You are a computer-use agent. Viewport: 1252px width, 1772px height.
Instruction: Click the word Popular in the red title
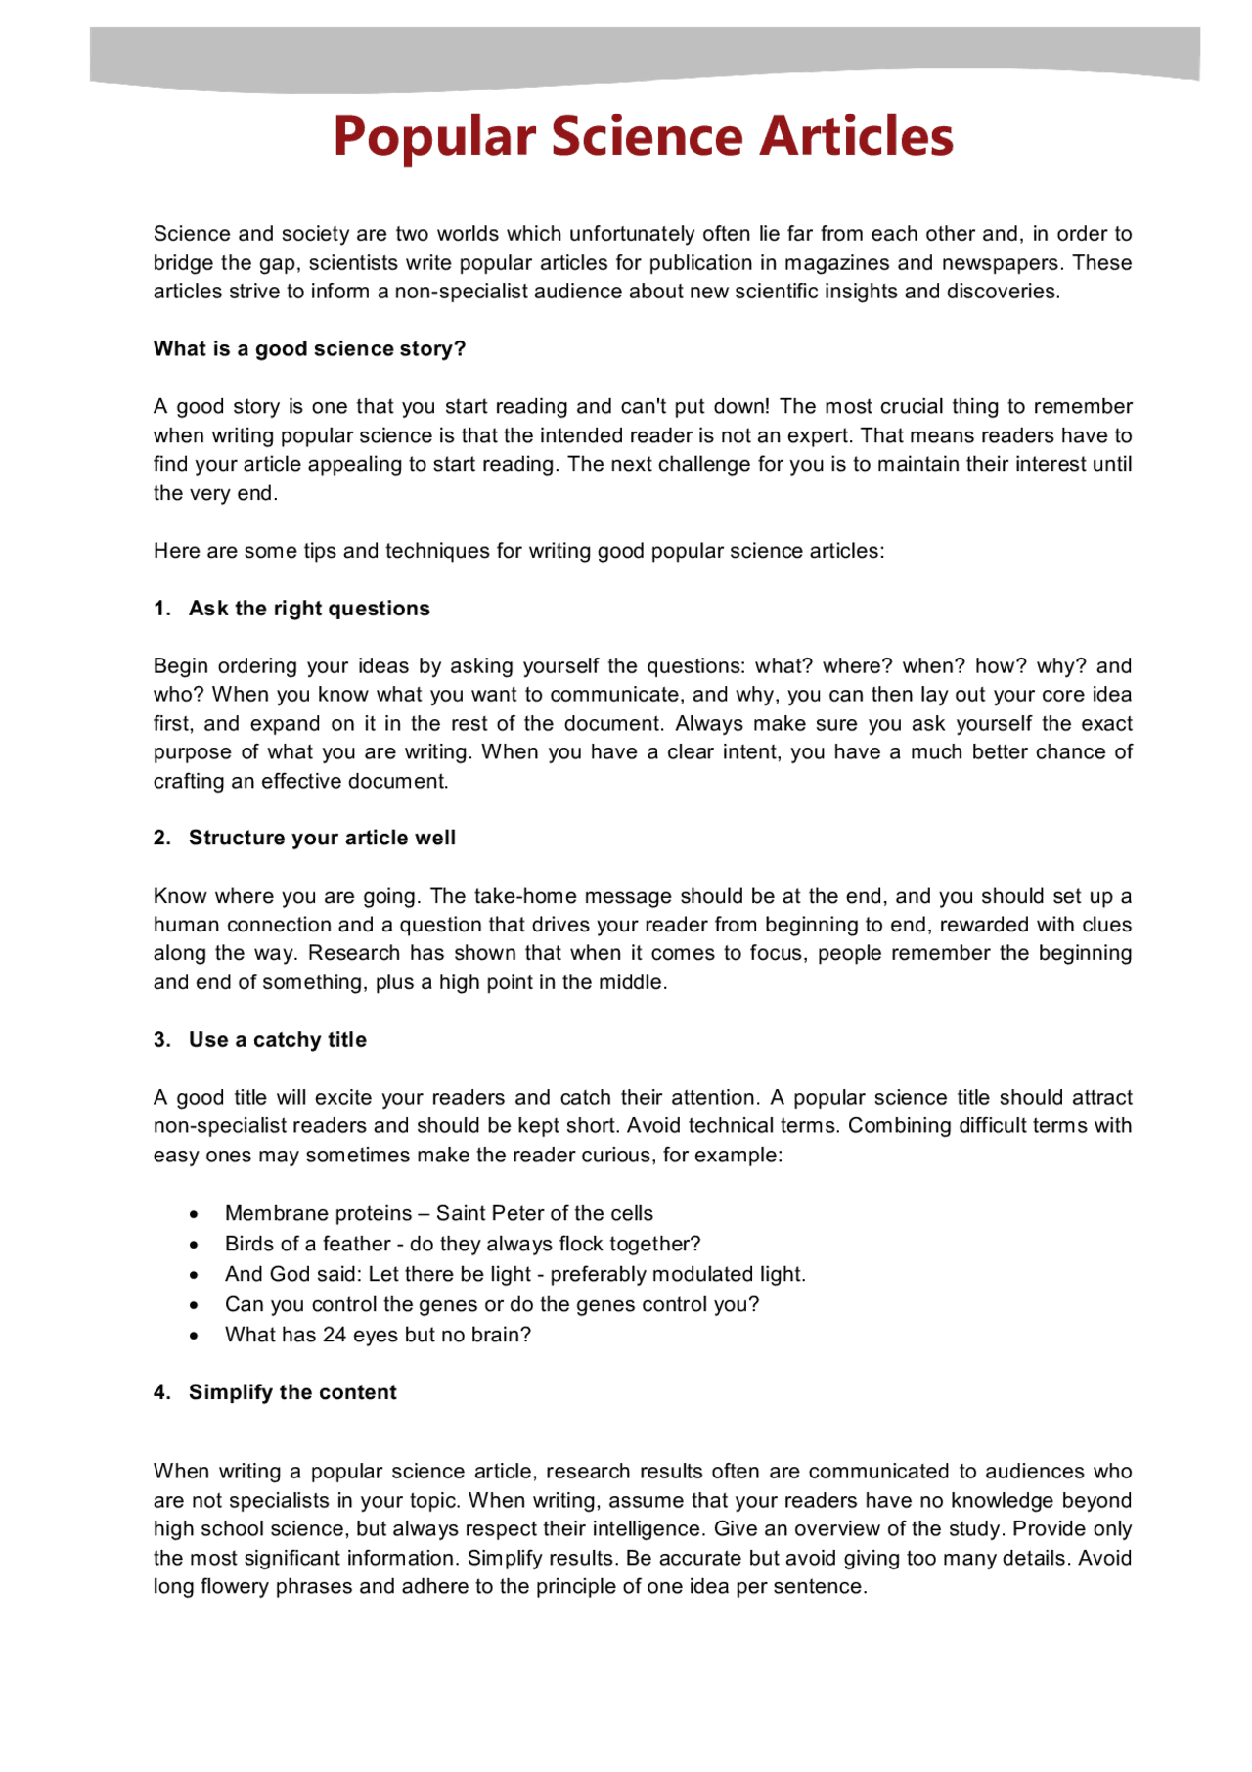(434, 137)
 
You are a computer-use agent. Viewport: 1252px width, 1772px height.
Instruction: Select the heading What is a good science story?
(309, 349)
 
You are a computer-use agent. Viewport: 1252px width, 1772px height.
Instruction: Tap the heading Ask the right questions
(309, 609)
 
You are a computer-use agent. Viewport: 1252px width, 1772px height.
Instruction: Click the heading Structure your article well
(322, 839)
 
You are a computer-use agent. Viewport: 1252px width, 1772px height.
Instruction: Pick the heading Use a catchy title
(278, 1040)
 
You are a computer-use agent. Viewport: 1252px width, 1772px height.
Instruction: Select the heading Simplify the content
(292, 1393)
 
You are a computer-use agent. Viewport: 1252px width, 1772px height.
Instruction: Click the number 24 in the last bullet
(334, 1336)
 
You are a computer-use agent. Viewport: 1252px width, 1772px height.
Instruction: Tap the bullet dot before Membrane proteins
(195, 1215)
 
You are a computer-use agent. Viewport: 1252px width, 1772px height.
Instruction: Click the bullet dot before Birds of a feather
(195, 1246)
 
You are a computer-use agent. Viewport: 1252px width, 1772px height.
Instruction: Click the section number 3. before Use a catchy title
(162, 1040)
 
